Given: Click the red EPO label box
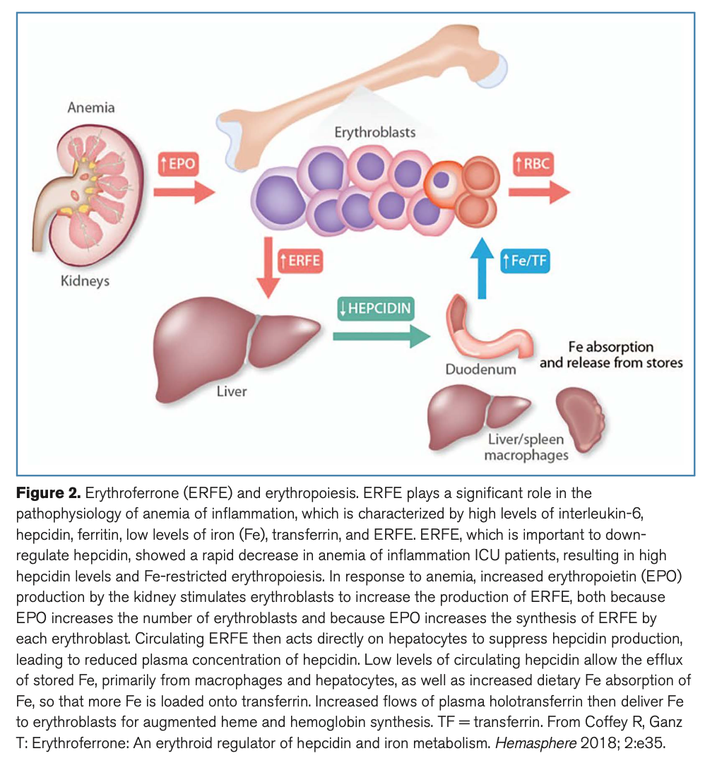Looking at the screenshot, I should [x=177, y=166].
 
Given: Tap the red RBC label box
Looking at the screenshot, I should [x=534, y=166].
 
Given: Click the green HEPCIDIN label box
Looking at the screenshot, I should [x=375, y=309].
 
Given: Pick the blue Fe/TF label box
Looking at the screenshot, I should [x=525, y=261].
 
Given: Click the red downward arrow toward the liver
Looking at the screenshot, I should [x=267, y=268].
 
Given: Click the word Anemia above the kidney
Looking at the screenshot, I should [x=91, y=108].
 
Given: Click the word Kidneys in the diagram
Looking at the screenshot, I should [x=85, y=280].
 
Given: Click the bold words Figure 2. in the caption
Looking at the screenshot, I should [x=48, y=493].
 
